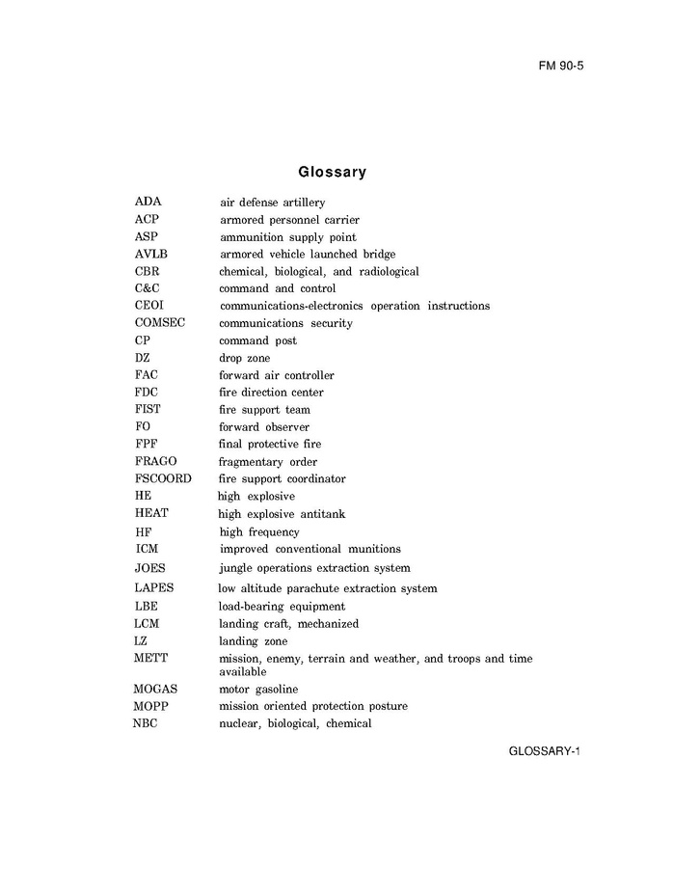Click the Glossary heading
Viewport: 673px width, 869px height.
tap(332, 173)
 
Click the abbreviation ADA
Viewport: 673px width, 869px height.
tap(148, 203)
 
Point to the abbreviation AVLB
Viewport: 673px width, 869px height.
tap(152, 255)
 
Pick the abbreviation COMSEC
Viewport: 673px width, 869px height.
tap(160, 323)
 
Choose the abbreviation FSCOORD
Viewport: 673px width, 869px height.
tap(163, 478)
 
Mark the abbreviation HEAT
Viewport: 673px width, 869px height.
tap(151, 514)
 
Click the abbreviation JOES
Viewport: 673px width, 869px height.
tap(150, 568)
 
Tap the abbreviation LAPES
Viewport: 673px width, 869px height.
tap(154, 588)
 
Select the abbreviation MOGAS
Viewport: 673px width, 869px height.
tap(155, 690)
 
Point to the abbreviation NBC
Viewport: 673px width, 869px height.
tap(146, 723)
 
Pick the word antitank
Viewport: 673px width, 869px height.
tap(320, 514)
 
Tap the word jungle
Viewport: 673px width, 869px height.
tap(236, 568)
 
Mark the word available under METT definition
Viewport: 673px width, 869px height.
tap(243, 671)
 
